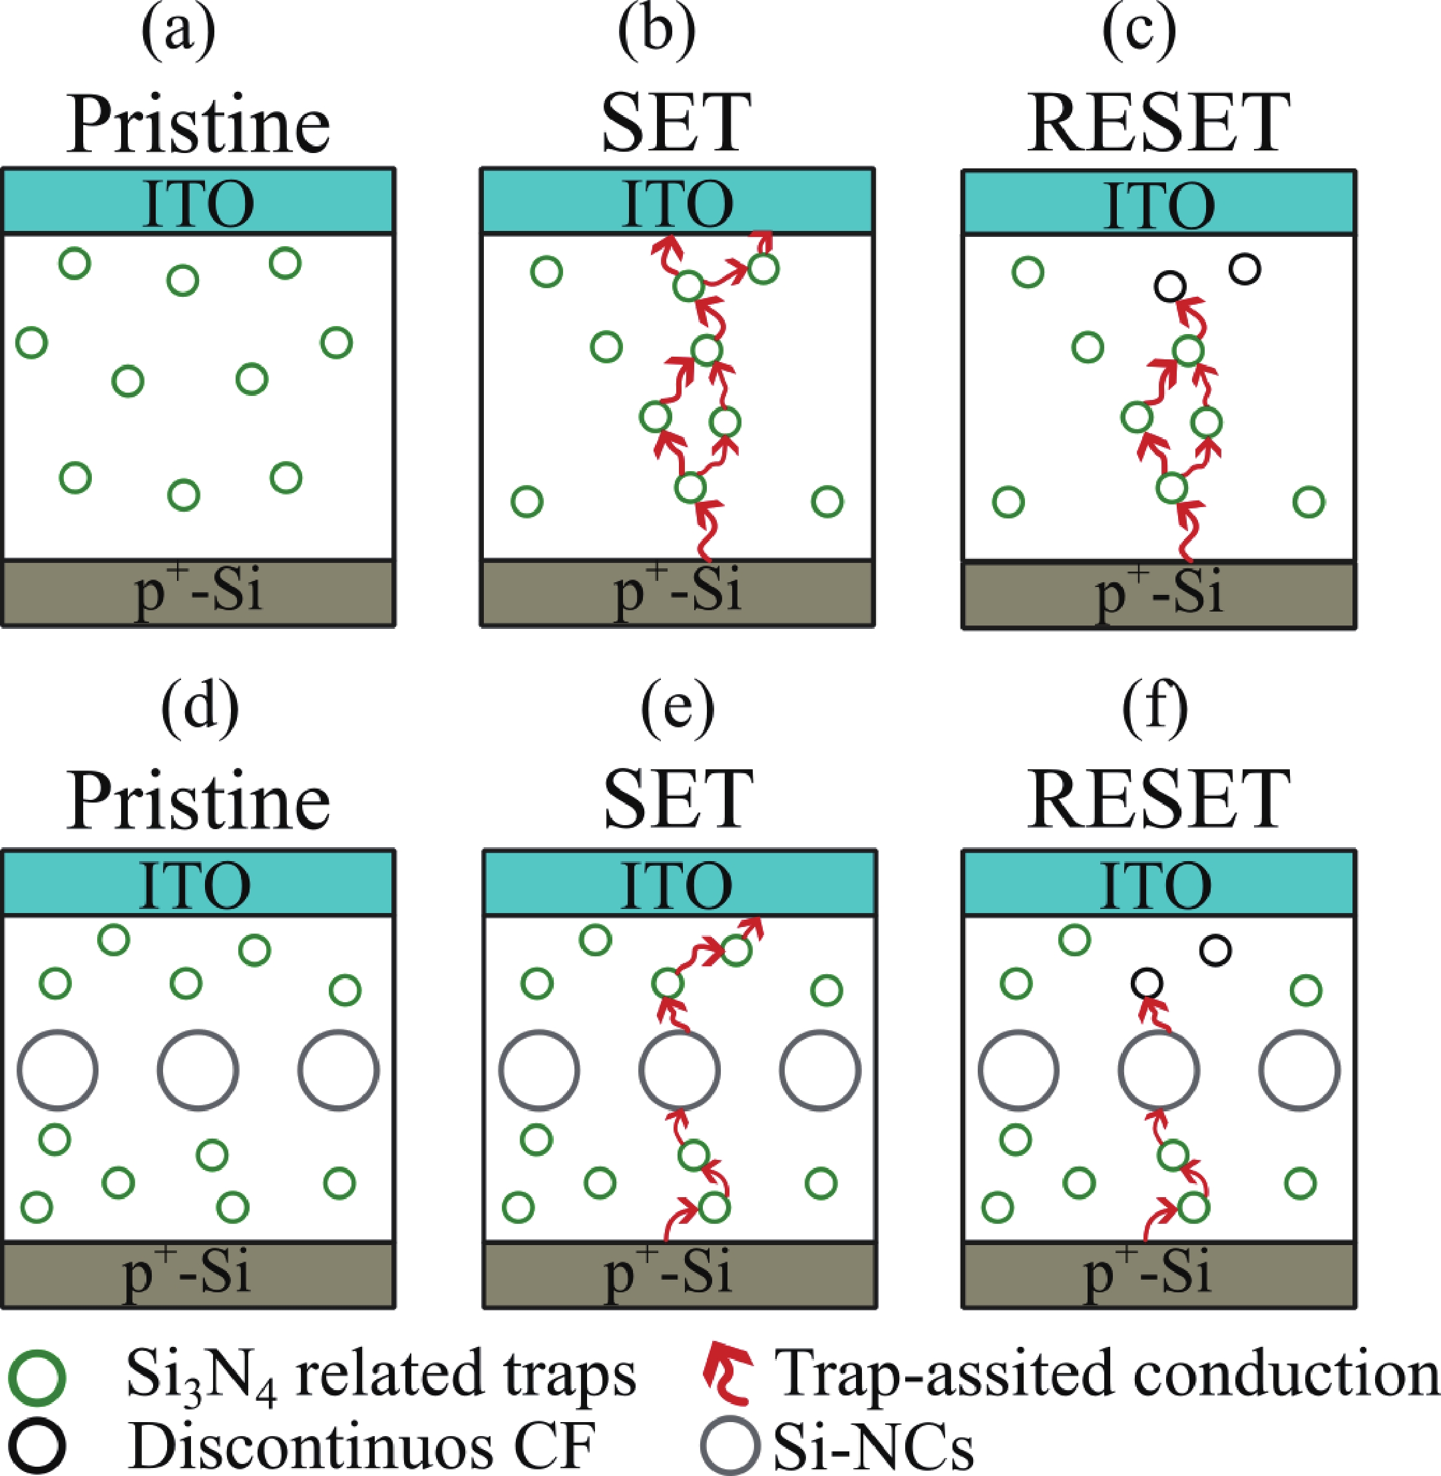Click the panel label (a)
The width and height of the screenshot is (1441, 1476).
click(x=178, y=33)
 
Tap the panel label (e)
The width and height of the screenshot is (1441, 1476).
click(x=677, y=709)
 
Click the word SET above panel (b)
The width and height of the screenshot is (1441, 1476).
click(x=676, y=123)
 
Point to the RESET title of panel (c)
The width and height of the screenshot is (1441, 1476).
click(x=1158, y=123)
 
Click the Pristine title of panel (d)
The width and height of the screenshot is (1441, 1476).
click(x=198, y=801)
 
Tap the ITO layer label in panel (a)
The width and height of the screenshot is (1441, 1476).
click(x=198, y=203)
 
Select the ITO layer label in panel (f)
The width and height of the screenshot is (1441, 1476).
click(x=1155, y=884)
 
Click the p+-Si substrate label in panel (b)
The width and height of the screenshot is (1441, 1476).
click(x=677, y=591)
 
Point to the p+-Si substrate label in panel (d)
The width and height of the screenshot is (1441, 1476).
click(x=186, y=1273)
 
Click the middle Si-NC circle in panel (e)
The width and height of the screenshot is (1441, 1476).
click(x=679, y=1071)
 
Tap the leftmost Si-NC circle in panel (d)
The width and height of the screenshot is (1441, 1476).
click(x=57, y=1071)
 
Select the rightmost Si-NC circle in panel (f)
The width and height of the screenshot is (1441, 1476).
click(x=1299, y=1071)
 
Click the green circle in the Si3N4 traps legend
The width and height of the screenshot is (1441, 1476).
click(x=37, y=1376)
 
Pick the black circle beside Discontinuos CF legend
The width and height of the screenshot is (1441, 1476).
click(x=37, y=1445)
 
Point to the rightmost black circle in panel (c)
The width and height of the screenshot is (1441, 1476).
click(x=1245, y=269)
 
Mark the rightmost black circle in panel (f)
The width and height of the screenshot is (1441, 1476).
click(x=1215, y=950)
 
